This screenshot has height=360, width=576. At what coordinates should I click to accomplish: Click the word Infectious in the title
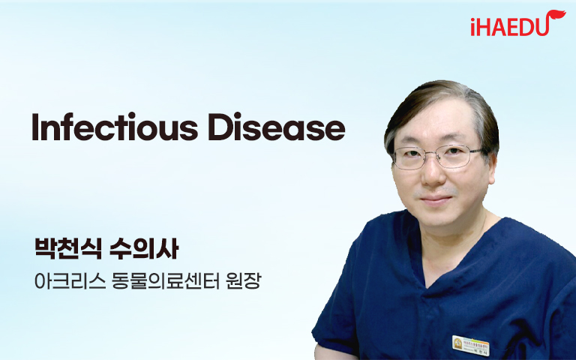pyautogui.click(x=115, y=127)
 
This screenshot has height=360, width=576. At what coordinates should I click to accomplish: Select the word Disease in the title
pyautogui.click(x=277, y=127)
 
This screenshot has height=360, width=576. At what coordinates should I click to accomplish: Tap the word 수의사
pyautogui.click(x=144, y=249)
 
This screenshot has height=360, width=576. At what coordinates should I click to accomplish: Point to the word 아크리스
pyautogui.click(x=70, y=281)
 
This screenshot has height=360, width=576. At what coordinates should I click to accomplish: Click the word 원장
pyautogui.click(x=243, y=281)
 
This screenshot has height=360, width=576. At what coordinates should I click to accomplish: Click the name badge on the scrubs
pyautogui.click(x=470, y=346)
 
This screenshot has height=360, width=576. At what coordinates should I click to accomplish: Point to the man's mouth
pyautogui.click(x=436, y=200)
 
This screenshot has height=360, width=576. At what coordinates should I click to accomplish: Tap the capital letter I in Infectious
pyautogui.click(x=35, y=127)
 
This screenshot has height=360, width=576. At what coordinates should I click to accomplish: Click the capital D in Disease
pyautogui.click(x=220, y=127)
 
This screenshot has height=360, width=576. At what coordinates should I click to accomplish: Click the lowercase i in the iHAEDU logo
pyautogui.click(x=473, y=28)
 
